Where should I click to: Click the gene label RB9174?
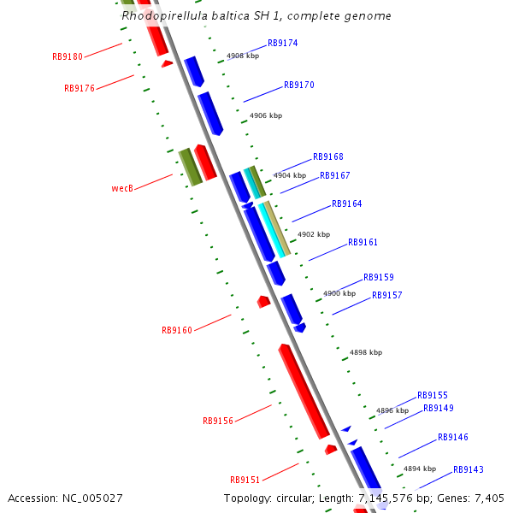click(282, 43)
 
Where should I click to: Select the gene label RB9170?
click(299, 85)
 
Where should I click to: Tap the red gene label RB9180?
click(68, 57)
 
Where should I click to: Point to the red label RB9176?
click(80, 88)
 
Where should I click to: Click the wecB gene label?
click(122, 188)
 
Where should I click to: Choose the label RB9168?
click(328, 157)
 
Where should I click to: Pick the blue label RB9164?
click(346, 204)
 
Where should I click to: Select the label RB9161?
click(363, 243)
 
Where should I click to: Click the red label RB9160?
click(177, 330)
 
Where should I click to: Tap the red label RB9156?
click(218, 421)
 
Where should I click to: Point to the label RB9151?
click(245, 480)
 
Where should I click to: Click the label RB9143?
click(469, 470)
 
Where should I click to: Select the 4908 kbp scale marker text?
click(243, 56)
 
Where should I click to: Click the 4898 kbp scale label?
click(366, 352)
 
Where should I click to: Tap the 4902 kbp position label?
click(314, 234)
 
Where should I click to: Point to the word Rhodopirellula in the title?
click(162, 15)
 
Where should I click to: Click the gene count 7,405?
click(489, 498)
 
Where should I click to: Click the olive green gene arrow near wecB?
click(190, 167)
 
